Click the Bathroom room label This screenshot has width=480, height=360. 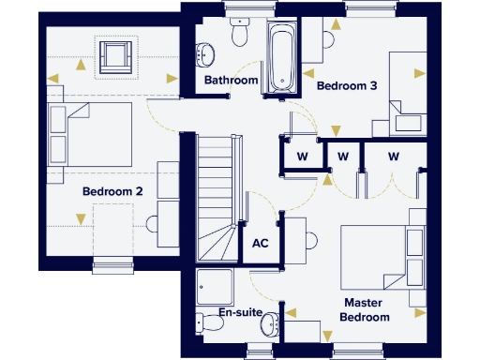[x=231, y=81]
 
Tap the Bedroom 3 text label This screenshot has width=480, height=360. [x=346, y=85]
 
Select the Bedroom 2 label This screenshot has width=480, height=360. [x=112, y=191]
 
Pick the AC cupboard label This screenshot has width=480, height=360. [x=261, y=243]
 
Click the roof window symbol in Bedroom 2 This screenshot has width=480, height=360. [x=116, y=55]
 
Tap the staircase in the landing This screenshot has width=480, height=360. [x=217, y=197]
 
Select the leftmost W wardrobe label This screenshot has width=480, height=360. [x=302, y=155]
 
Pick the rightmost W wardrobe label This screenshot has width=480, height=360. [x=392, y=155]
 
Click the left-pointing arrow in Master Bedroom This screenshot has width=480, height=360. [x=293, y=312]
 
